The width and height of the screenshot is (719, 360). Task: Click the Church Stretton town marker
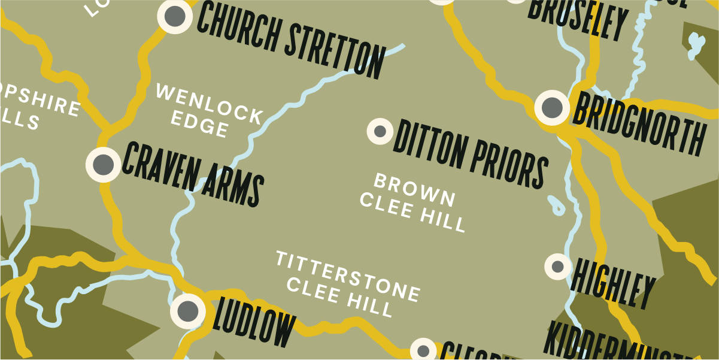pyautogui.click(x=175, y=16)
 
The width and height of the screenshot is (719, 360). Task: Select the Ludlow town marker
pyautogui.click(x=188, y=310)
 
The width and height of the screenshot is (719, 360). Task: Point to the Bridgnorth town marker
pyautogui.click(x=551, y=108)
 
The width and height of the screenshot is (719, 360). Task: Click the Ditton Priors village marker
pyautogui.click(x=379, y=131)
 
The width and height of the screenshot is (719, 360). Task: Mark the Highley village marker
pyautogui.click(x=557, y=266)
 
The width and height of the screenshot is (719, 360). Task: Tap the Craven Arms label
pyautogui.click(x=192, y=174)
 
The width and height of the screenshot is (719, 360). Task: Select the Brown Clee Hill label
pyautogui.click(x=413, y=202)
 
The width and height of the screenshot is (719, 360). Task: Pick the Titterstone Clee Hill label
pyautogui.click(x=347, y=284)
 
